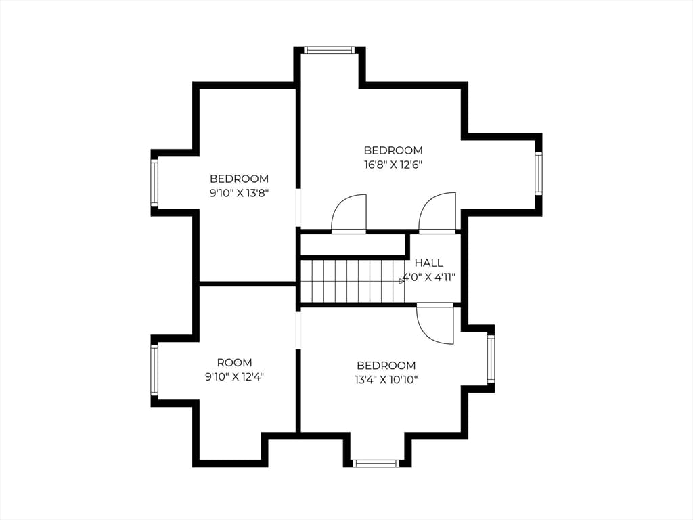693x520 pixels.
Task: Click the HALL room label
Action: tap(428, 263)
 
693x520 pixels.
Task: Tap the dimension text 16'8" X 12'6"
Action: tap(393, 165)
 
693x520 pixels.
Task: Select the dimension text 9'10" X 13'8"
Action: tap(239, 193)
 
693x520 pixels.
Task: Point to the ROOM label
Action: tap(235, 363)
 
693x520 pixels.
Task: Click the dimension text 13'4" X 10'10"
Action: tap(386, 380)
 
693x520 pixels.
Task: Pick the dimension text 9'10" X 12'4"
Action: tap(234, 377)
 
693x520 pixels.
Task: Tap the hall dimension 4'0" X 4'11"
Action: tap(428, 278)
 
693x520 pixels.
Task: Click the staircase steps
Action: tap(352, 281)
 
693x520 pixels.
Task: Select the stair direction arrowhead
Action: tap(402, 281)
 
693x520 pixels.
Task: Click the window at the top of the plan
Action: tap(330, 50)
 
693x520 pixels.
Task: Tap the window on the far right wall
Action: tap(538, 173)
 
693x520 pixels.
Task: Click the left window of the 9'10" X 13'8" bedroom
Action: tap(154, 182)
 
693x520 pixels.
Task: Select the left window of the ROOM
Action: tap(154, 370)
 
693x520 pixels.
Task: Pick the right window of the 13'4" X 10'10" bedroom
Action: tap(491, 358)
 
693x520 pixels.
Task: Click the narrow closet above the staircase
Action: tap(353, 244)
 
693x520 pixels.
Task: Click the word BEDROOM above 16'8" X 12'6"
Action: tap(393, 150)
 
